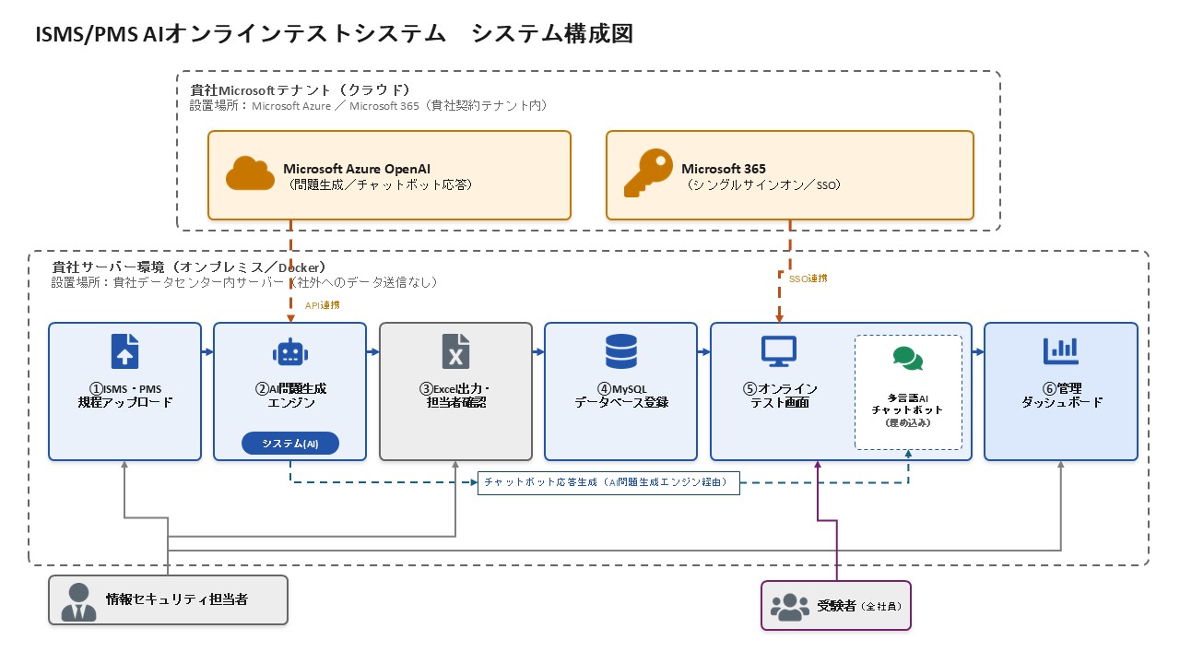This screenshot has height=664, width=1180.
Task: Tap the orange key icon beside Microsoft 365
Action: (648, 172)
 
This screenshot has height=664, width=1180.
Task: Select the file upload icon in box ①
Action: (124, 351)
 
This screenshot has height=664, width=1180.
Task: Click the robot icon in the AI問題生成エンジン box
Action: (290, 352)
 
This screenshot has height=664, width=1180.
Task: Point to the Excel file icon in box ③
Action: (455, 351)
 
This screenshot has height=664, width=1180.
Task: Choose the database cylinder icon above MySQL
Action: (621, 351)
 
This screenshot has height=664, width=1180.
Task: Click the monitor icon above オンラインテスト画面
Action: (779, 351)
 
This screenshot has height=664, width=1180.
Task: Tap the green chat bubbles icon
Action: (908, 359)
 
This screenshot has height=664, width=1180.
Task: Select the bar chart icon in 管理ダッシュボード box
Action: (1061, 351)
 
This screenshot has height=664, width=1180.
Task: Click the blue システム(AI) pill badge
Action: (290, 444)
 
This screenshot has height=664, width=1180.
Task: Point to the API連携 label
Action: (323, 305)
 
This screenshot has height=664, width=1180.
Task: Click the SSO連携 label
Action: (808, 279)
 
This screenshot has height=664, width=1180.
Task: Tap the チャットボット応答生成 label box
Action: (608, 482)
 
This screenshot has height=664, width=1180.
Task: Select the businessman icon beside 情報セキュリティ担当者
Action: (79, 602)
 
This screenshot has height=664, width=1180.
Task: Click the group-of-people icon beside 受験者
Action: (790, 607)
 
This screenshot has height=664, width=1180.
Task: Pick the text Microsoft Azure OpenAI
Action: (357, 169)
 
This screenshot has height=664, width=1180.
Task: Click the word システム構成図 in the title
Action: (551, 34)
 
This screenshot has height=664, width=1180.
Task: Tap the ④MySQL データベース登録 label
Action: (621, 396)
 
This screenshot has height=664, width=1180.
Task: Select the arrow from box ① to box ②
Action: (207, 351)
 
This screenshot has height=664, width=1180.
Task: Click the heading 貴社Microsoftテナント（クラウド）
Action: (300, 90)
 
